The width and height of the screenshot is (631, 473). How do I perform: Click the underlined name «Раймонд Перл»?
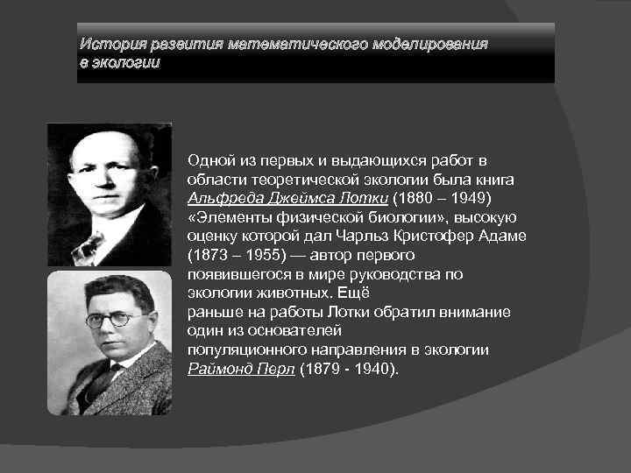tap(242, 370)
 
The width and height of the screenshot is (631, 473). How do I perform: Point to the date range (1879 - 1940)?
tap(348, 370)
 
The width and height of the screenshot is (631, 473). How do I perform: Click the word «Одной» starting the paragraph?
tap(210, 159)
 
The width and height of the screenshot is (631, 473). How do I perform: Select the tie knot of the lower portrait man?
tap(107, 378)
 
